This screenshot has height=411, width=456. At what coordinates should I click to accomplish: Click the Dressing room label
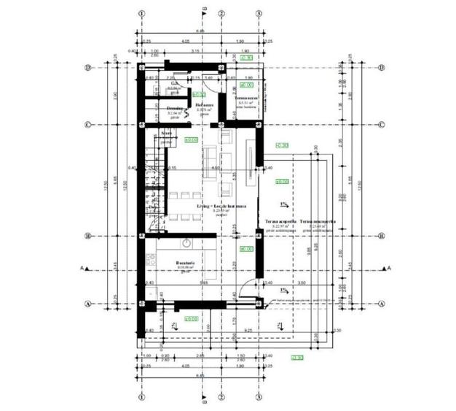[x=174, y=108]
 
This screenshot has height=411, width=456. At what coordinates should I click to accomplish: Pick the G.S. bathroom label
[x=175, y=84]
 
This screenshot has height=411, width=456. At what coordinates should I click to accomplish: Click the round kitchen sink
[x=186, y=242]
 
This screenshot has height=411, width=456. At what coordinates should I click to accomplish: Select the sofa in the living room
[x=208, y=156]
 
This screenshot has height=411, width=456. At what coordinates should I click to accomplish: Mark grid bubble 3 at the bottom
[x=259, y=399]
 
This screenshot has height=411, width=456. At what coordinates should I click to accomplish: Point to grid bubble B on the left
[x=87, y=236]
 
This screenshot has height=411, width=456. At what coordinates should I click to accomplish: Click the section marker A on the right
[x=388, y=269]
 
